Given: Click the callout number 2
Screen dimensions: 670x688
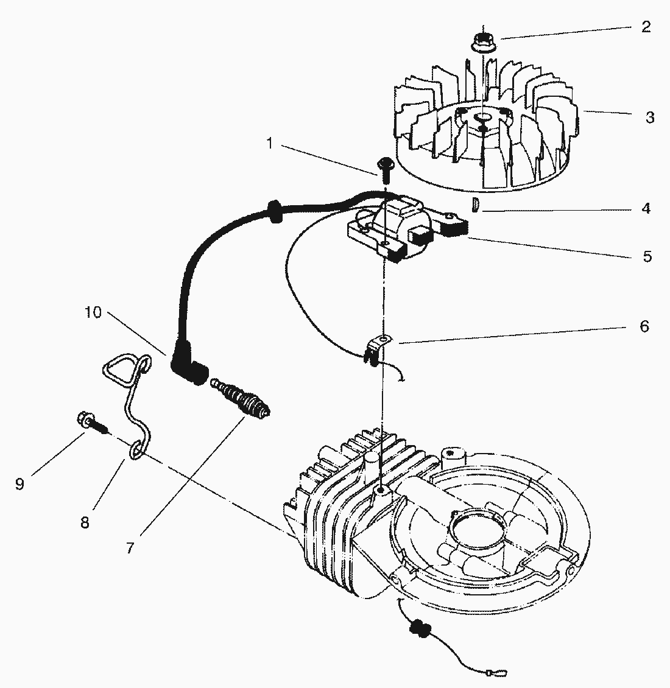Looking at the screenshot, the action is coord(646,27).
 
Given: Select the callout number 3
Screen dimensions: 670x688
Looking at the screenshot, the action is coord(650,117).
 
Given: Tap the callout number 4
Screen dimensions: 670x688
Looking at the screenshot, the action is coord(646,208).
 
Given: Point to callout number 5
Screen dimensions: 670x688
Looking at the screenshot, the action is coord(647,256).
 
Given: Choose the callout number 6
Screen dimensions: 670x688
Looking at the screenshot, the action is coord(644,326).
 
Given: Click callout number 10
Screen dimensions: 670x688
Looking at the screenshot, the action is coord(93,312).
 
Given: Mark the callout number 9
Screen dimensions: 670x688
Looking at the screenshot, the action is coord(19,484).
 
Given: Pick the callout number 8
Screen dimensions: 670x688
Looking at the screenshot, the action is coord(85,522).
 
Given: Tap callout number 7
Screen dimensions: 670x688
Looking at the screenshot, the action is coord(130,548).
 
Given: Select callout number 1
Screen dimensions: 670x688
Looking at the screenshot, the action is coord(270,143).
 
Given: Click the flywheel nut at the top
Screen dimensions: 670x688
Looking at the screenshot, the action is coord(482,41).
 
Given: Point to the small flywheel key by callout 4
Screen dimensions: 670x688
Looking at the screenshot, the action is coord(474,205).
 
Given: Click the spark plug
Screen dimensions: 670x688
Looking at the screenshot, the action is coord(240,396).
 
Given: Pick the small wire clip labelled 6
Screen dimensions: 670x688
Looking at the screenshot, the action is coord(376,349).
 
